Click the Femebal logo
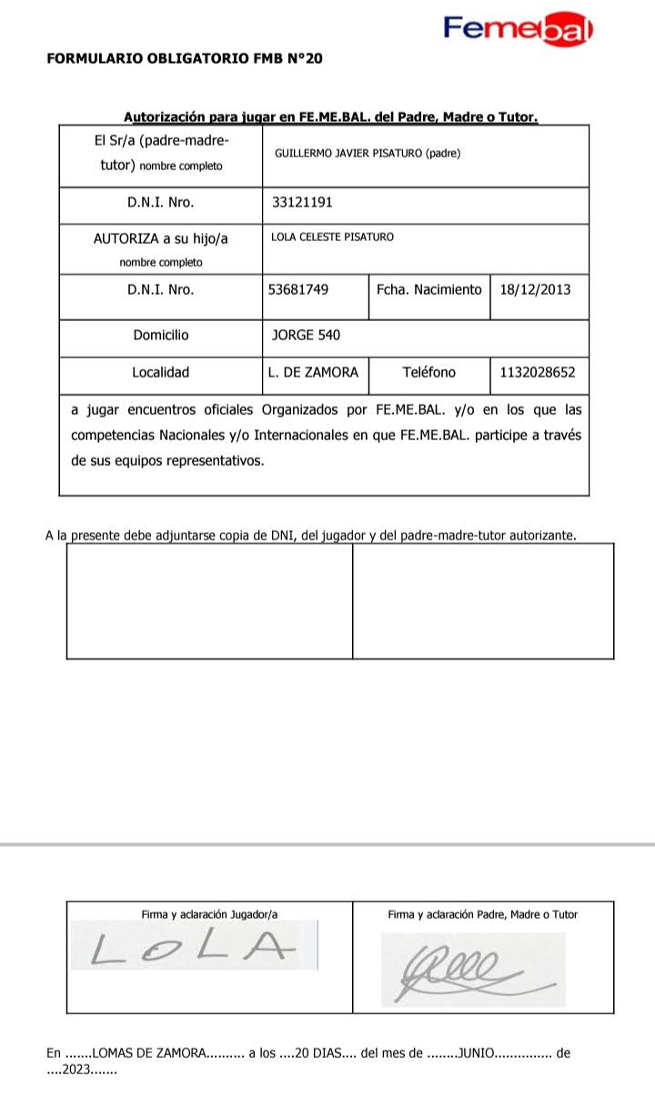[x=518, y=29]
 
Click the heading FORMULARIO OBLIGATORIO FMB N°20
[x=184, y=59]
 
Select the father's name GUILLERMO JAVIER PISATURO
[x=367, y=154]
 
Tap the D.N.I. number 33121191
[x=303, y=203]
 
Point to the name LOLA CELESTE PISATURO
[x=332, y=237]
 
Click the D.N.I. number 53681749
[x=298, y=289]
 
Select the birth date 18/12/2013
[x=535, y=289]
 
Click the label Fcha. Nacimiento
[x=428, y=289]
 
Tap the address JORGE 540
[x=306, y=335]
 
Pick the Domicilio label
[x=161, y=335]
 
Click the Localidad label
[x=161, y=372]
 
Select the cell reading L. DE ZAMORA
[x=313, y=372]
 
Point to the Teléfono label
[x=428, y=372]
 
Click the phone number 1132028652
[x=538, y=372]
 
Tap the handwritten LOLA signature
[x=195, y=949]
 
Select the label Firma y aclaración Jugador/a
[x=209, y=914]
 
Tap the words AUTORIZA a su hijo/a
[x=161, y=238]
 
